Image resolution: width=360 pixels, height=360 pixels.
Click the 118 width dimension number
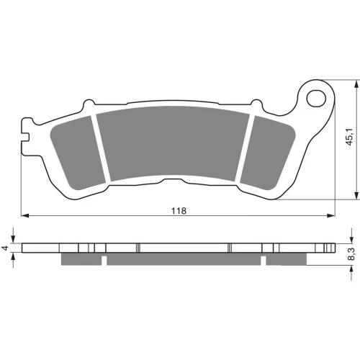[x=179, y=211]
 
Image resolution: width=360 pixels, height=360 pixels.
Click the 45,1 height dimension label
[x=350, y=137]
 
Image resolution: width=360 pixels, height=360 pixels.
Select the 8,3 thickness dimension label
[x=352, y=254]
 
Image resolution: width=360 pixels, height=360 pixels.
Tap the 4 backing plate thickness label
[x=6, y=248]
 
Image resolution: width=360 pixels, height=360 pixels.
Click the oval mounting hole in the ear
[x=316, y=99]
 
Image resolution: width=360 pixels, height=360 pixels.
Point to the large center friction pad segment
[x=173, y=143]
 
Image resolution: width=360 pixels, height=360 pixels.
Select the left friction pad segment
[x=78, y=153]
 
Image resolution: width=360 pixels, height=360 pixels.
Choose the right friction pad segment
[x=267, y=153]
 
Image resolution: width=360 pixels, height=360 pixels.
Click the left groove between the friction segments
[x=101, y=148]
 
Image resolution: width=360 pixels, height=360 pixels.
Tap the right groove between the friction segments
[x=245, y=148]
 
